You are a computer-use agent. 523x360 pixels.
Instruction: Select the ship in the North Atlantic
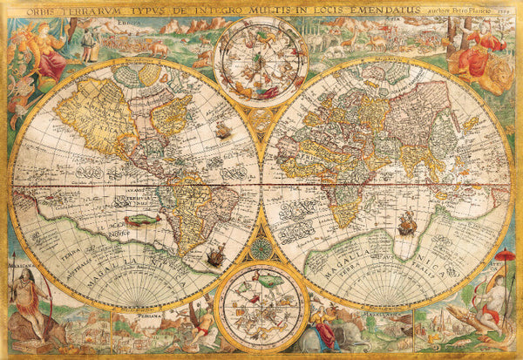[x=224, y=131]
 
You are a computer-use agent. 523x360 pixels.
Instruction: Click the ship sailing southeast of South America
[x=216, y=256]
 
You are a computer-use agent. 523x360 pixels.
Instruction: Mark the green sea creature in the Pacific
[x=139, y=221]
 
